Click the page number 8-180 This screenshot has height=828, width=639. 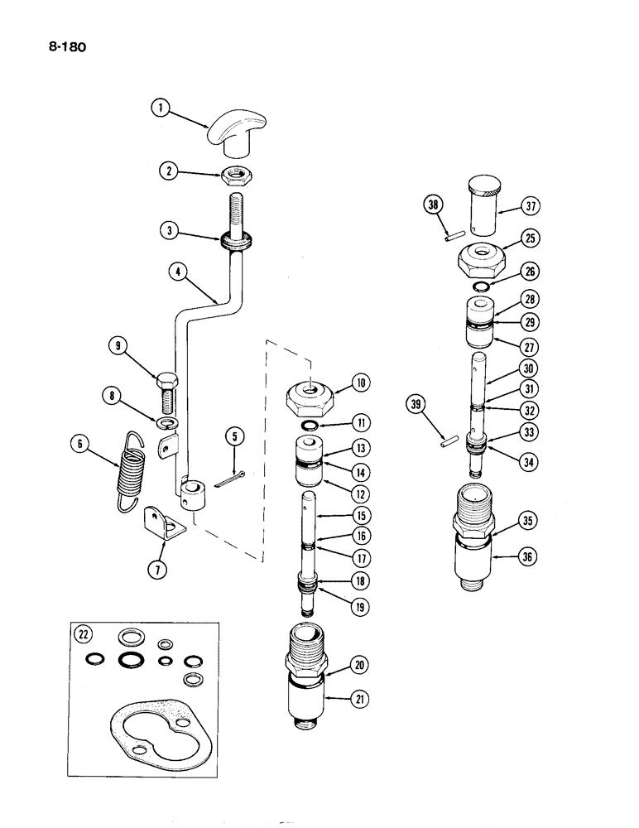coord(63,47)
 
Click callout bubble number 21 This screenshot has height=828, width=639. coord(358,700)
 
